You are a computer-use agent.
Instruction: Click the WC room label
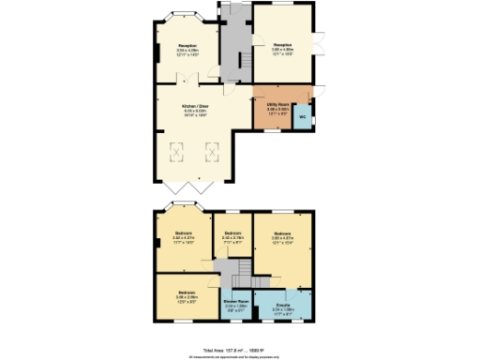[x=302, y=117]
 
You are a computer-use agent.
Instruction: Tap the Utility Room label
[x=277, y=108]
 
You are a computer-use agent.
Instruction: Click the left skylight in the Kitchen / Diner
[x=175, y=151]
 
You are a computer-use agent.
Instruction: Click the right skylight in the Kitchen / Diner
[x=212, y=151]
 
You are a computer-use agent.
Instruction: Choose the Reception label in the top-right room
[x=282, y=45]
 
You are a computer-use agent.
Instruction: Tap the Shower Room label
[x=235, y=302]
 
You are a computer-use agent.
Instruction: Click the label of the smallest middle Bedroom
[x=232, y=234]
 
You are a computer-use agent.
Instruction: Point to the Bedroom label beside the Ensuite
[x=282, y=234]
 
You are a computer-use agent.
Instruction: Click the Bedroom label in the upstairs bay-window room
[x=183, y=234]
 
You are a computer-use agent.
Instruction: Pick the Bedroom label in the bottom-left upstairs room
[x=184, y=292]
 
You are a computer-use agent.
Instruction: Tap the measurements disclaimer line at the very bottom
[x=241, y=355]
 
